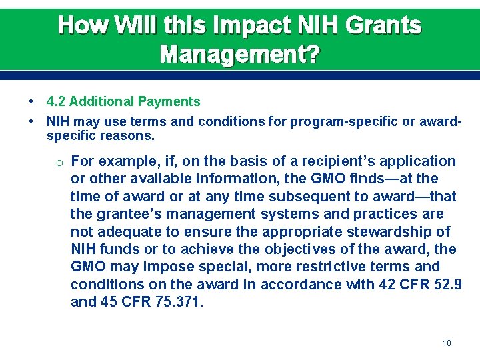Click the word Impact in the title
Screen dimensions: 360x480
(251, 25)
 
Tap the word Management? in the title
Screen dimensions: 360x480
(240, 53)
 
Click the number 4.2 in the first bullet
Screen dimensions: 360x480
(56, 102)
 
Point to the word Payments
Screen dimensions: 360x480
(169, 102)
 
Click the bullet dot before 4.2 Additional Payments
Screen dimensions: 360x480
(32, 102)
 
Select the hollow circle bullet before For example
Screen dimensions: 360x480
(59, 162)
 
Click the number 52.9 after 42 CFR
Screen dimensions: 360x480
(447, 285)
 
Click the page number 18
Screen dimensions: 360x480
(447, 343)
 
